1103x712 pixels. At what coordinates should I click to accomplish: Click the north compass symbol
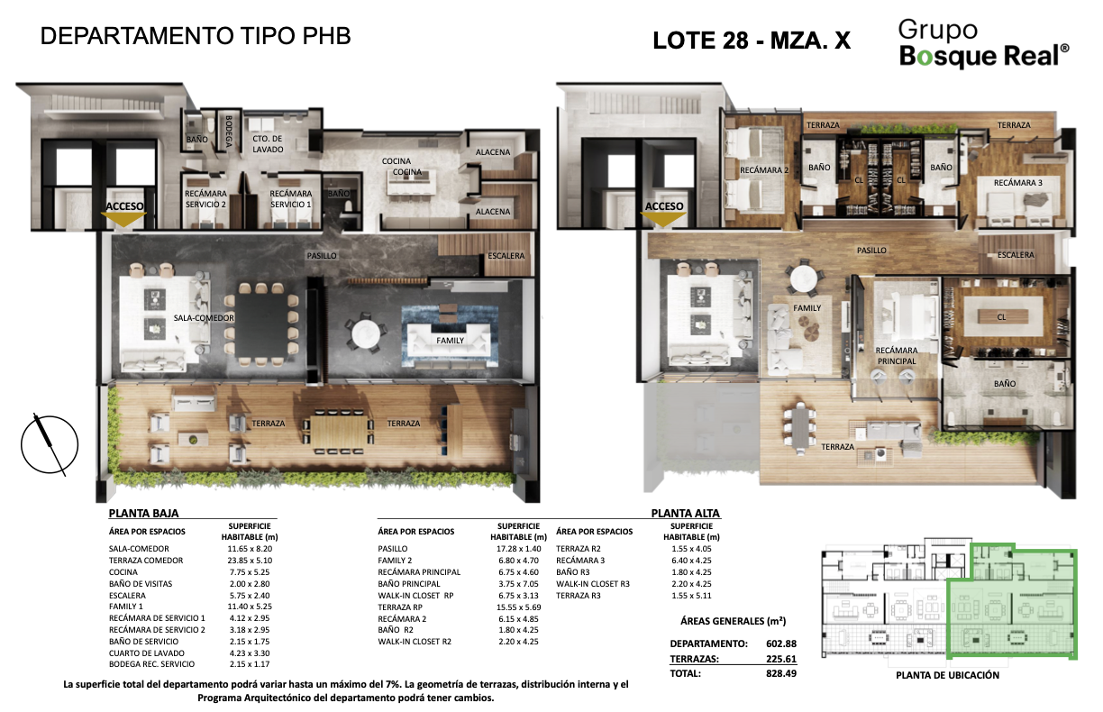pyautogui.click(x=50, y=444)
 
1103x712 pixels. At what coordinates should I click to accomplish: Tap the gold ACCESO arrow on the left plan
pyautogui.click(x=123, y=219)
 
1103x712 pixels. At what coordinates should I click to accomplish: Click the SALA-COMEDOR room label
pyautogui.click(x=204, y=318)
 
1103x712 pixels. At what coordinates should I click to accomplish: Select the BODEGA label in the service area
pyautogui.click(x=229, y=132)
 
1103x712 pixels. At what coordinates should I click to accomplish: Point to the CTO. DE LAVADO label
pyautogui.click(x=268, y=144)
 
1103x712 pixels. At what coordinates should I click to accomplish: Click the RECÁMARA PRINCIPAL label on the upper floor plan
pyautogui.click(x=896, y=355)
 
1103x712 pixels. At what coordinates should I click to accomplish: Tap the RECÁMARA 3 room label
pyautogui.click(x=1017, y=183)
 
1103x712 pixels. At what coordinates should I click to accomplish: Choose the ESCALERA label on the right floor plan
pyautogui.click(x=1016, y=254)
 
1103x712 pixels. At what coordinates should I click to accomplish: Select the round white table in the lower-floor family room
pyautogui.click(x=366, y=334)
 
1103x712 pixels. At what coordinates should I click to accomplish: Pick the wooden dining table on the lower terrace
pyautogui.click(x=338, y=433)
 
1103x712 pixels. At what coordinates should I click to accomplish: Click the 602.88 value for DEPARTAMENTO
pyautogui.click(x=781, y=644)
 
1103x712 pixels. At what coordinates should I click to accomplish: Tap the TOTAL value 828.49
pyautogui.click(x=781, y=673)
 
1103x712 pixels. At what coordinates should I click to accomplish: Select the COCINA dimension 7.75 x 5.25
pyautogui.click(x=249, y=572)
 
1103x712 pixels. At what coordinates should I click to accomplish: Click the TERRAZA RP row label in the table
pyautogui.click(x=400, y=607)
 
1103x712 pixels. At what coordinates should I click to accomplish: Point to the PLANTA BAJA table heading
pyautogui.click(x=143, y=513)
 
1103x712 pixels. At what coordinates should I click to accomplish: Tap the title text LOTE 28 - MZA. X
pyautogui.click(x=752, y=41)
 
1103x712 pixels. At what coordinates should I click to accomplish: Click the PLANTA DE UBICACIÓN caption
pyautogui.click(x=947, y=675)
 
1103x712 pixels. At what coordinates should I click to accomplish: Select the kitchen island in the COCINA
pyautogui.click(x=412, y=183)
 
